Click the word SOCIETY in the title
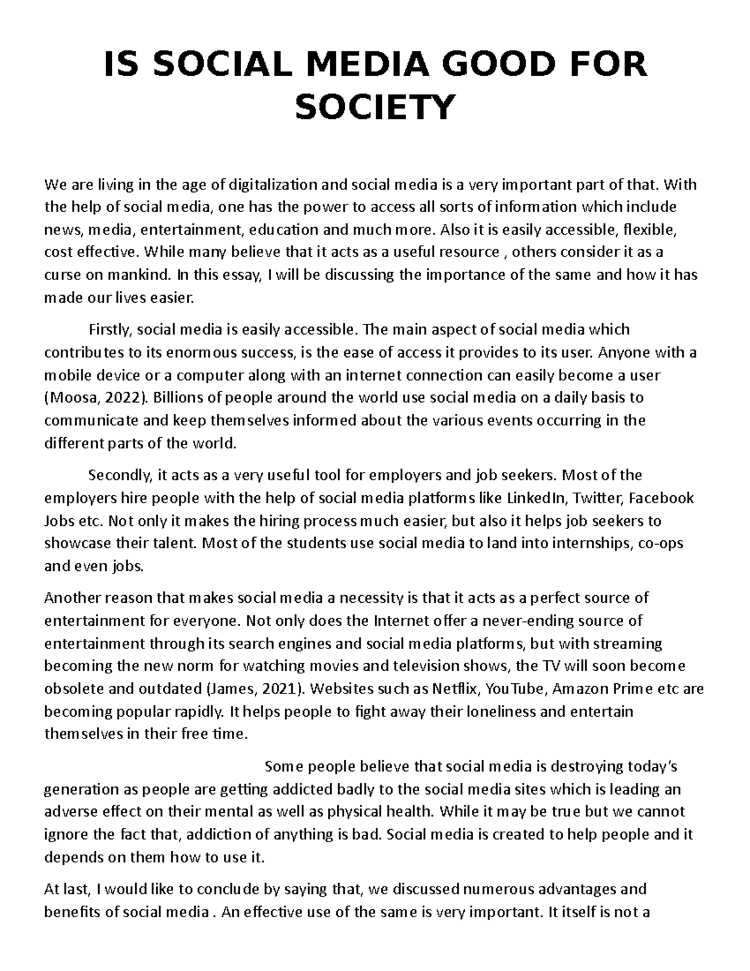374,107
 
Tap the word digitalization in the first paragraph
273,185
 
